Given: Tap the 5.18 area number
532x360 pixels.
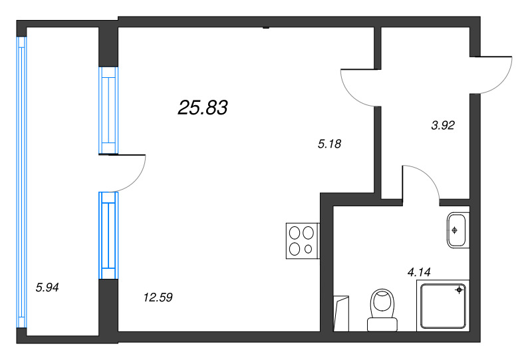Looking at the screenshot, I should click(330, 143).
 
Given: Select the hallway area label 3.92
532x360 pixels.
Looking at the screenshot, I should click(442, 124).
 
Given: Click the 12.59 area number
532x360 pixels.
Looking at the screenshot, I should click(158, 297).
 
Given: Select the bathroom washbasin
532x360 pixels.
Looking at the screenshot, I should click(458, 230).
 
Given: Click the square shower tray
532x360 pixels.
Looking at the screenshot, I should click(443, 305).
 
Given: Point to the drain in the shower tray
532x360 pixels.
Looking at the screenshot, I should click(459, 290).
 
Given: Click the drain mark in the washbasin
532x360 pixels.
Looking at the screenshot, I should click(454, 230).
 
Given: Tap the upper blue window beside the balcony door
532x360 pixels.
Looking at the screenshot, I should click(108, 111).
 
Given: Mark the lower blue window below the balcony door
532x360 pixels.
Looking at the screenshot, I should click(108, 235).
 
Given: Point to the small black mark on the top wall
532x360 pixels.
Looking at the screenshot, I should click(265, 27).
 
